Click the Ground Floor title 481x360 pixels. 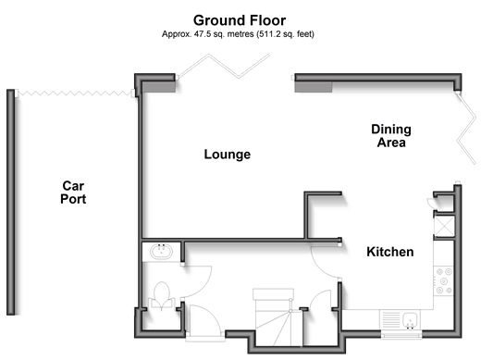tap(240, 20)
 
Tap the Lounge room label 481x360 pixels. tap(228, 155)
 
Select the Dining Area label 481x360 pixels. tap(391, 136)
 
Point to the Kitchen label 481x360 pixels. tap(390, 252)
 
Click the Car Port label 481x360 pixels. tap(73, 192)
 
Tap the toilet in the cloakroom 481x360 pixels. tap(162, 295)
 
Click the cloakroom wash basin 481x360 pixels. tap(161, 251)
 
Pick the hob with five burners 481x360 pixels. tap(443, 281)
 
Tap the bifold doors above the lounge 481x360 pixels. tap(224, 67)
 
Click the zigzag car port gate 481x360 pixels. tap(74, 93)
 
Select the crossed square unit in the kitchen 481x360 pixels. tap(444, 227)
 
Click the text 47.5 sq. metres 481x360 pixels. tap(224, 34)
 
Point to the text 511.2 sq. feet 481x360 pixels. tap(285, 34)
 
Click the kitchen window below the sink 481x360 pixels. tap(401, 334)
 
